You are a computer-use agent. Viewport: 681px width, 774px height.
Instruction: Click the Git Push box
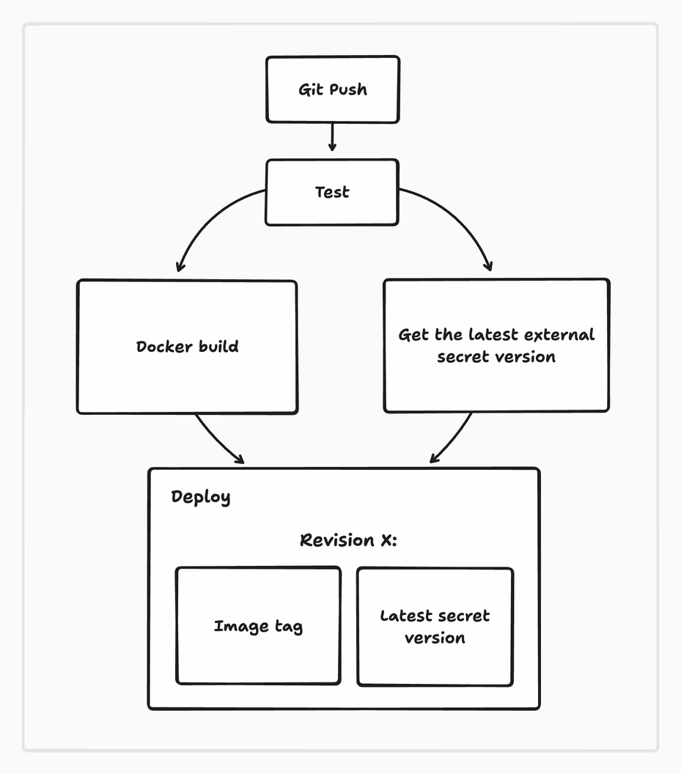[332, 89]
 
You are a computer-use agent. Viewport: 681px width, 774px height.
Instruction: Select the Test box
[331, 192]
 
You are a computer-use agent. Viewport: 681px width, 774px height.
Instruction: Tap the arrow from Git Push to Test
[332, 137]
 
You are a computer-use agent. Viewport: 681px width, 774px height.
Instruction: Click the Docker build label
[188, 346]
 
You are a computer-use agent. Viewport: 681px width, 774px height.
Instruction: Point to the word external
[559, 335]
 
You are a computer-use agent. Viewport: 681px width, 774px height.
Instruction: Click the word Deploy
[201, 497]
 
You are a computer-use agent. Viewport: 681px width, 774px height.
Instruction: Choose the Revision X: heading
[348, 540]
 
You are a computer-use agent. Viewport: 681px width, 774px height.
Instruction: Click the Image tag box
[258, 626]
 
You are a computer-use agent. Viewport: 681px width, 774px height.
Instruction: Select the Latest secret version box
[435, 627]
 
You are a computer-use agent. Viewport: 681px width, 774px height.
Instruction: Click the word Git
[310, 89]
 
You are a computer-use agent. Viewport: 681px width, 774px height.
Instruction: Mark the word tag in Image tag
[287, 627]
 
